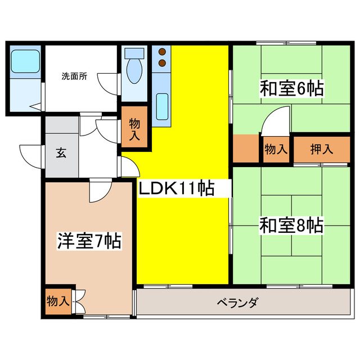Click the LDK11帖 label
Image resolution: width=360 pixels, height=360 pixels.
(176, 188)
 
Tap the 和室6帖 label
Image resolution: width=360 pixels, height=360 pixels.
(286, 89)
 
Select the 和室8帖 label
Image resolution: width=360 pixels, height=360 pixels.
(290, 226)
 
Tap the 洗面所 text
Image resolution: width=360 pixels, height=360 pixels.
(74, 77)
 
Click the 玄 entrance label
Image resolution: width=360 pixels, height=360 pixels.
(60, 154)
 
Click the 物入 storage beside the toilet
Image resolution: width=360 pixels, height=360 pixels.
(134, 129)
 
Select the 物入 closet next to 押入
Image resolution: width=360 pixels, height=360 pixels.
(276, 149)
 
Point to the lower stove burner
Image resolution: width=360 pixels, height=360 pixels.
(162, 62)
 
